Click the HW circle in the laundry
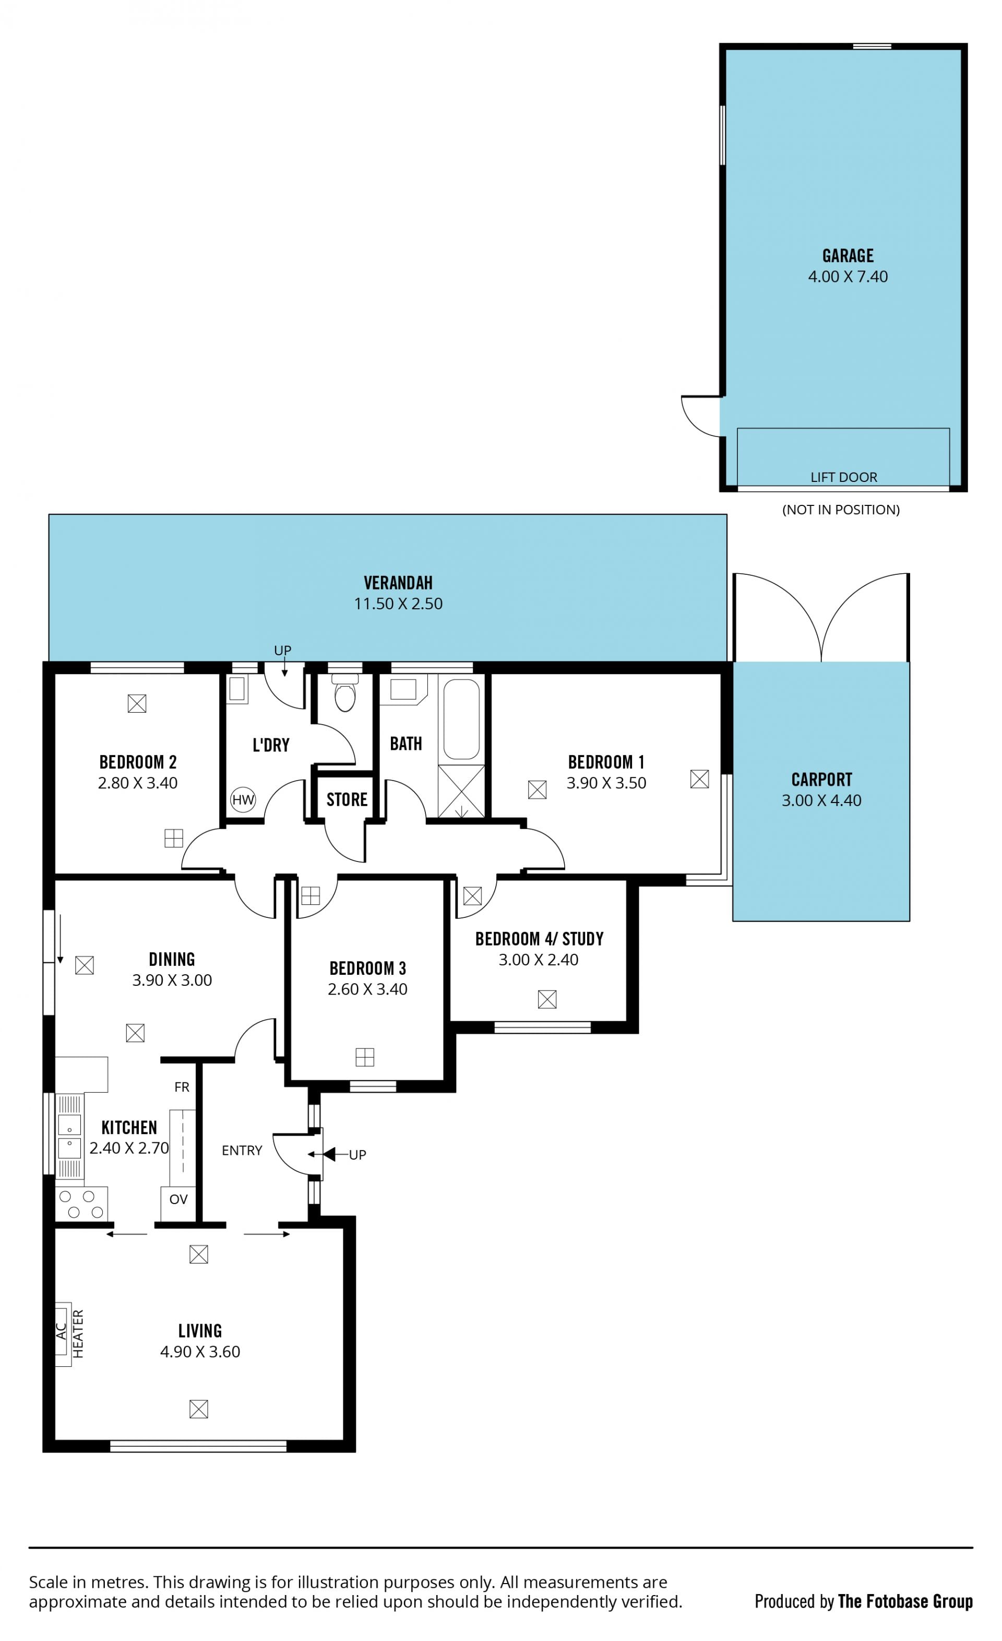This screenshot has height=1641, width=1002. [243, 799]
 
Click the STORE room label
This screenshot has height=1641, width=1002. [347, 799]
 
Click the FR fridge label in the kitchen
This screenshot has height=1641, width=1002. [182, 1087]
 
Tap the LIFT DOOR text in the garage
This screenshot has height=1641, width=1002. [843, 477]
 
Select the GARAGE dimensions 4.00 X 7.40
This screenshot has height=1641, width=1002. [848, 276]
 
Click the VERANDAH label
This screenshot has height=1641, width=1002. [398, 583]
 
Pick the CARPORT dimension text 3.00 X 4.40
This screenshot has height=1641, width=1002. [821, 800]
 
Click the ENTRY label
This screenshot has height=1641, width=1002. [242, 1150]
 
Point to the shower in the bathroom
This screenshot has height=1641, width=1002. [461, 791]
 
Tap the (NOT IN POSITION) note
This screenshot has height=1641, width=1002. [841, 510]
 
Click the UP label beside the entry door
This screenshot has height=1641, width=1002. [357, 1155]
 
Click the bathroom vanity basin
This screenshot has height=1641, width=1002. [403, 690]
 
